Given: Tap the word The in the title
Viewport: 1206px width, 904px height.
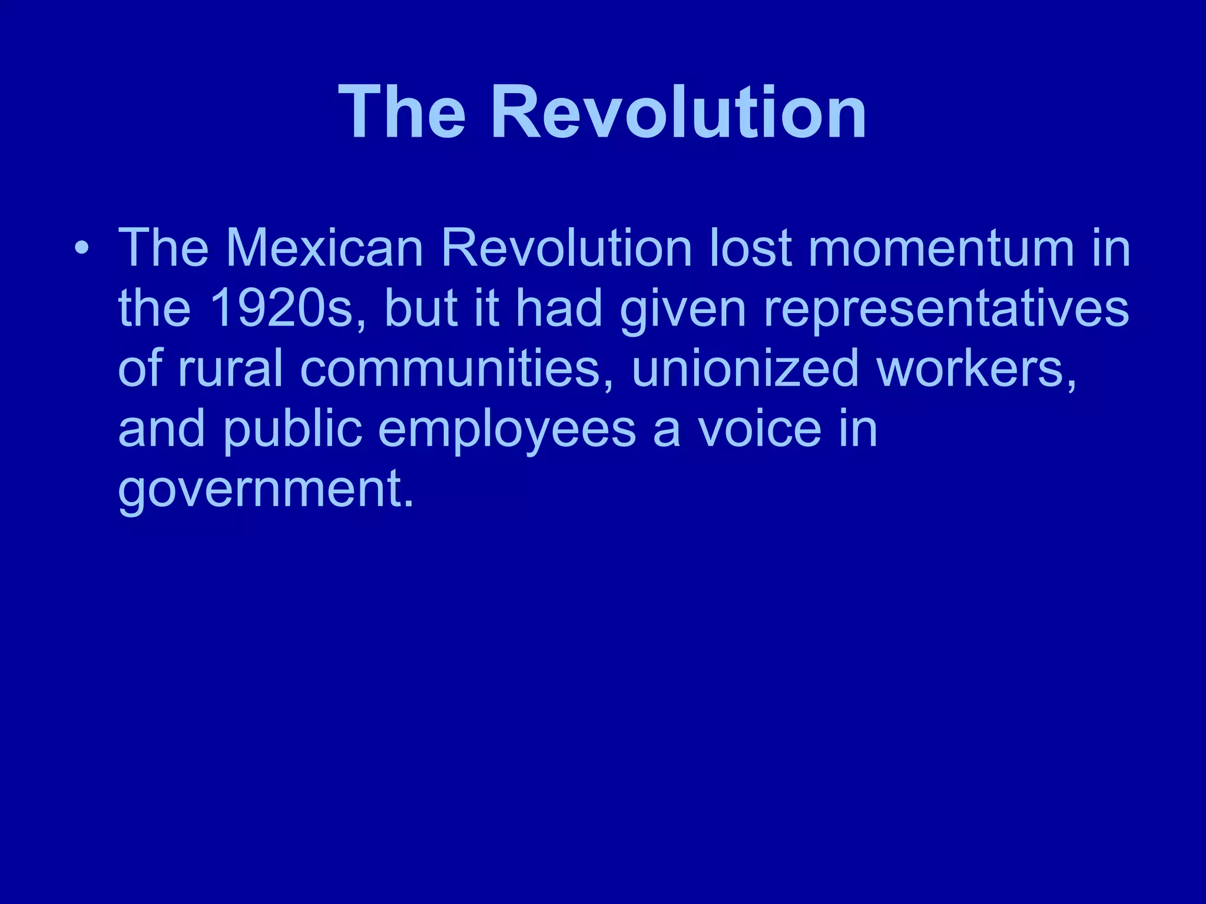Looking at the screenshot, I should [x=402, y=112].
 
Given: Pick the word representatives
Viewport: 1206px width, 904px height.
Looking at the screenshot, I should [x=946, y=308].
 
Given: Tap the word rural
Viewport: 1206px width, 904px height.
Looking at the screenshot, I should [x=230, y=368].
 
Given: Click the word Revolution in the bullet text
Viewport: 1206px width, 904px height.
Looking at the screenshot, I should [x=566, y=248].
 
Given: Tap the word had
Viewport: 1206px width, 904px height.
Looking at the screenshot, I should [x=559, y=308].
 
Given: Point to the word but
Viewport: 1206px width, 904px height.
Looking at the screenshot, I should [x=420, y=308].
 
